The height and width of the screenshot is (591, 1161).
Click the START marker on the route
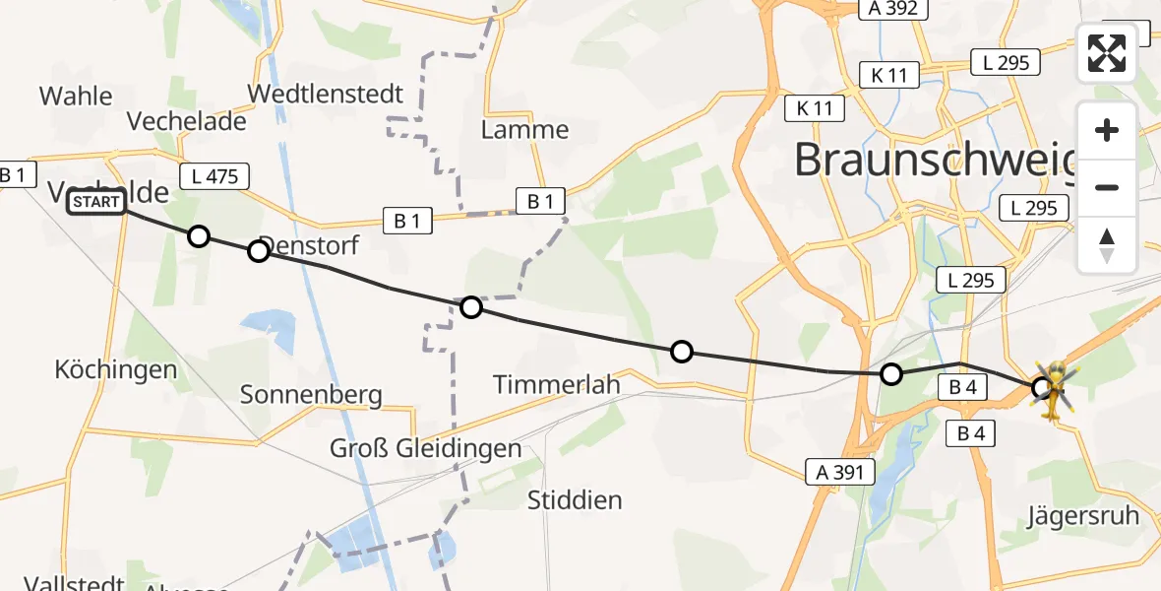(96, 203)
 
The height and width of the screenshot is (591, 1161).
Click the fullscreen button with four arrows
(1107, 52)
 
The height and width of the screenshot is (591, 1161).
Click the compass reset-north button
(1107, 245)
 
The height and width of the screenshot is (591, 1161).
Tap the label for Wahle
(76, 97)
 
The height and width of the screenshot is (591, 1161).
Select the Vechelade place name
(187, 121)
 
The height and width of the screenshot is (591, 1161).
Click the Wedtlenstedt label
(326, 95)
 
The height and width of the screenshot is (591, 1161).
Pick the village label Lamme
(524, 130)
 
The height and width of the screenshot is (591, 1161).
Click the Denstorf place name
(309, 246)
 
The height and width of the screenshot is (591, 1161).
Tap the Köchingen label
(116, 370)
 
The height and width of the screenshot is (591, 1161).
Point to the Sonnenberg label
(311, 395)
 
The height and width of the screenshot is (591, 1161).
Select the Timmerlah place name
(557, 384)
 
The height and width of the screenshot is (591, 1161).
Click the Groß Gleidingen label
(426, 449)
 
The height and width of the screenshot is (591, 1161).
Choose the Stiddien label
(575, 499)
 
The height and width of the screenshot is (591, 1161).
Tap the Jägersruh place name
(1083, 515)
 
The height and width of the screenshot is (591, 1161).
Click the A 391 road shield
(839, 472)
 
